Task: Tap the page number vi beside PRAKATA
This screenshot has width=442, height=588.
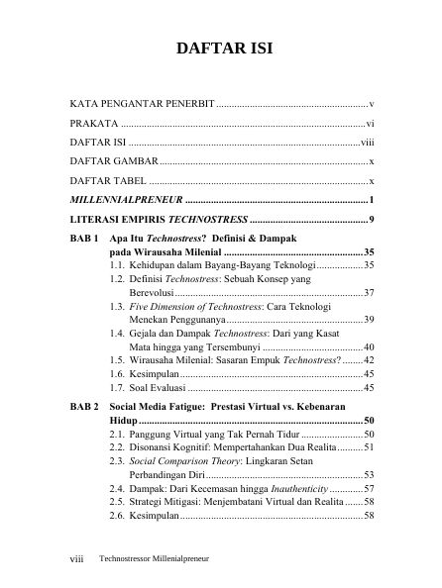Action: [x=369, y=124]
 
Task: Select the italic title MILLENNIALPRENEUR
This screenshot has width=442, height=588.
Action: [x=126, y=199]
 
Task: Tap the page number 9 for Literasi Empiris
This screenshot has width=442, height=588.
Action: [x=370, y=218]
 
